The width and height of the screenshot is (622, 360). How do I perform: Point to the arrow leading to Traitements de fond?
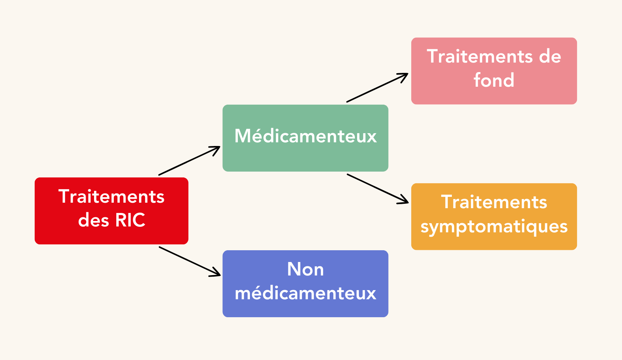(377, 88)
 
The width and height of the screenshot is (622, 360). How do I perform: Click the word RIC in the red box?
(130, 220)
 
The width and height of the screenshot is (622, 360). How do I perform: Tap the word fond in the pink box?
(494, 80)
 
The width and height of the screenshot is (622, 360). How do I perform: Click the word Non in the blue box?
(306, 270)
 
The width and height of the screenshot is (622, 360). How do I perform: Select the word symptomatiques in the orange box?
(494, 226)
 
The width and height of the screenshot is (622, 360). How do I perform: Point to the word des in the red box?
(93, 220)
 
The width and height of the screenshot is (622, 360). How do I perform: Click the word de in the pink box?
(550, 57)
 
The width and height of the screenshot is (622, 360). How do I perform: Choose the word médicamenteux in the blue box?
(306, 293)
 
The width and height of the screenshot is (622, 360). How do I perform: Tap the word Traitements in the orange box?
(494, 202)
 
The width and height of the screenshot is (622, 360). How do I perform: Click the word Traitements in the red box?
(111, 196)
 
